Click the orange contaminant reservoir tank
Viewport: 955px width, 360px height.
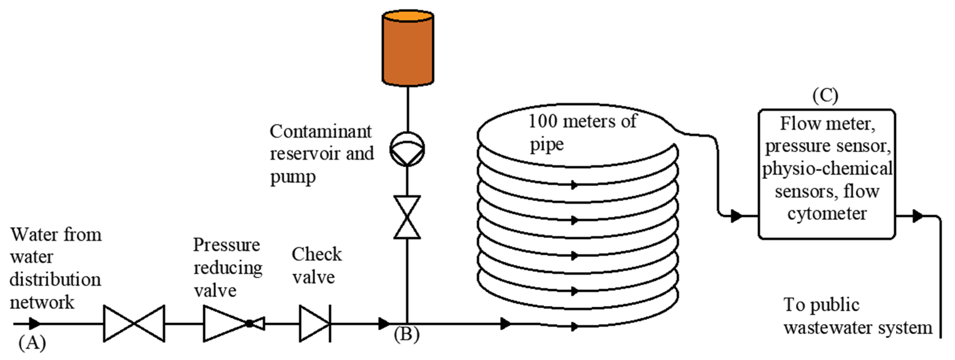point(408,48)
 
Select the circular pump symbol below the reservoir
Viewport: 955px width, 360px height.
point(407,149)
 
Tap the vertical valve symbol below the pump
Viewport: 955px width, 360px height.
point(407,217)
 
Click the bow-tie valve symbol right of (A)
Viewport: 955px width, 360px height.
point(134,324)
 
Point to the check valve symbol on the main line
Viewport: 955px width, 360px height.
point(315,324)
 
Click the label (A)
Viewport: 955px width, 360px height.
point(32,343)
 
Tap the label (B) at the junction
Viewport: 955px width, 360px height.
point(407,334)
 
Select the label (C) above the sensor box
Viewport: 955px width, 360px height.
point(825,96)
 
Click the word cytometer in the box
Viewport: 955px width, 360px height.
point(827,214)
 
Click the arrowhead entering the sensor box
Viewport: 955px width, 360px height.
point(736,215)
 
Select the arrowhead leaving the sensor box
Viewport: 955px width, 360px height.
point(917,216)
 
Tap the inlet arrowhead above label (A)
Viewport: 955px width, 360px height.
point(34,324)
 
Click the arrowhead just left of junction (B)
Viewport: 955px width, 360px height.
point(384,324)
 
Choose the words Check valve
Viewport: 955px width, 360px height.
point(316,266)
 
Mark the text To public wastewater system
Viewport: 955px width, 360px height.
point(857,316)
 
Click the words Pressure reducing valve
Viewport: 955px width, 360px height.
point(227,268)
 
